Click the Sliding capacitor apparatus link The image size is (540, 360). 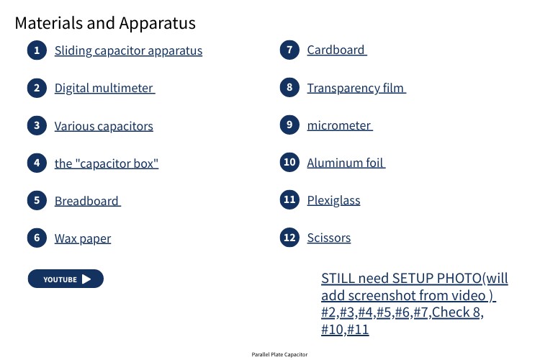[128, 50]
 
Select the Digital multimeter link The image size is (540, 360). [104, 88]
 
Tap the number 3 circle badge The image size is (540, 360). [37, 125]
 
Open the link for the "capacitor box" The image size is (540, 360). [107, 163]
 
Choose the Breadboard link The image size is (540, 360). [87, 201]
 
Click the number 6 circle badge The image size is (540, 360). [37, 238]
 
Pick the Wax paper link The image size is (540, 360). [83, 238]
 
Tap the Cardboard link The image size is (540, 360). [337, 50]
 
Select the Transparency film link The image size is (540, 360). [356, 88]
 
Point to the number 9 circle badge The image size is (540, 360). [289, 125]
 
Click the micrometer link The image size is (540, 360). [340, 125]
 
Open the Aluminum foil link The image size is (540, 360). [346, 163]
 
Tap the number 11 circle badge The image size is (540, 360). [289, 199]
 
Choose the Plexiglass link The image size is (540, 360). [333, 200]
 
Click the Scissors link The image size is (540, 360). [329, 238]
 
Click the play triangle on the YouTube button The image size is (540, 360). [86, 279]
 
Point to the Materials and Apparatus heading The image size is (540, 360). [105, 23]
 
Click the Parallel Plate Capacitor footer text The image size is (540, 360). [279, 354]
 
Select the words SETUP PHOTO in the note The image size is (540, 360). [437, 278]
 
